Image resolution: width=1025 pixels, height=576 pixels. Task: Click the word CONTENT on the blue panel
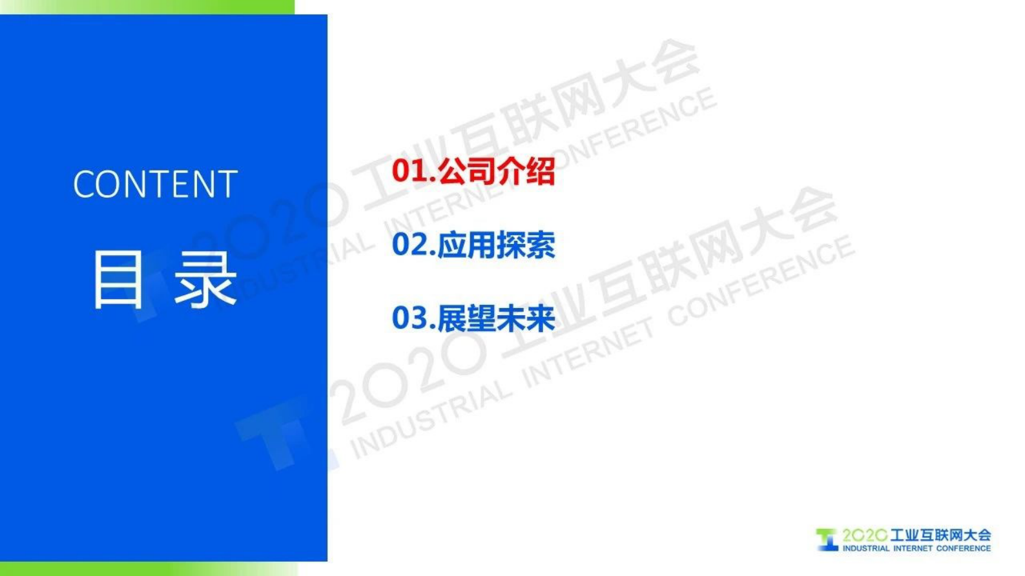click(155, 185)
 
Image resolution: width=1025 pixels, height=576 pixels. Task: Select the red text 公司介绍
click(496, 171)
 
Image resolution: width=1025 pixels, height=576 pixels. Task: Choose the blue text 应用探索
click(496, 245)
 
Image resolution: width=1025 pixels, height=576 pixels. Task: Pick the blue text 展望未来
click(496, 318)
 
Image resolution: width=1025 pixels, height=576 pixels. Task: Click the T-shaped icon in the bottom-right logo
click(826, 540)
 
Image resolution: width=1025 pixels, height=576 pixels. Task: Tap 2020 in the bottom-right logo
click(864, 535)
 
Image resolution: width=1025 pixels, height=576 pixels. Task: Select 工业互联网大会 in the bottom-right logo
click(940, 535)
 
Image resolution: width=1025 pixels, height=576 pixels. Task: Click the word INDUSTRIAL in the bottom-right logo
click(865, 548)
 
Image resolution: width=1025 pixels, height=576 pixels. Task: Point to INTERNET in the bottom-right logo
click(912, 548)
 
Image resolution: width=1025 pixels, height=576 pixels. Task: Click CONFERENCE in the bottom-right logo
click(963, 548)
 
